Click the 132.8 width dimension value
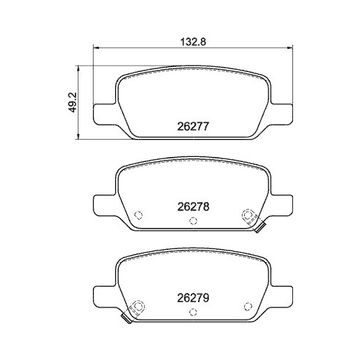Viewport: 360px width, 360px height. click(193, 42)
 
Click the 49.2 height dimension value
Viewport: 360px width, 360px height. click(71, 102)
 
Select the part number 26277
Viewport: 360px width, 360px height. click(193, 127)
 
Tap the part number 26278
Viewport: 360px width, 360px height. click(193, 207)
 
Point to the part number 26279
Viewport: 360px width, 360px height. click(193, 298)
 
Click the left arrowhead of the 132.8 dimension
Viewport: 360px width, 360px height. click(96, 48)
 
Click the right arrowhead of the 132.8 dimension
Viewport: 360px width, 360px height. click(290, 48)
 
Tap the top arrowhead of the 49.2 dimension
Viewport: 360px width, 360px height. click(78, 68)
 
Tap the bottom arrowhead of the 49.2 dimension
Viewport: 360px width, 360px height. click(78, 136)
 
